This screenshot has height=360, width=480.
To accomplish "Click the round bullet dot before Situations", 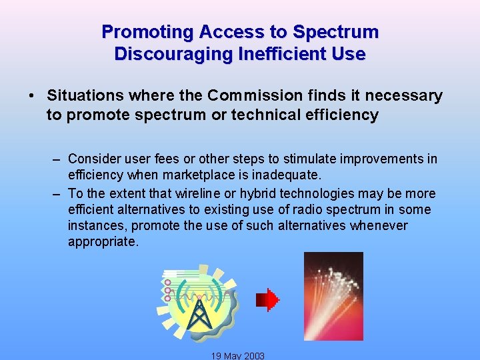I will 32,96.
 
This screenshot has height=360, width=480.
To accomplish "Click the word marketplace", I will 201,175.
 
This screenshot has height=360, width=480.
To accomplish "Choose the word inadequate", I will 287,175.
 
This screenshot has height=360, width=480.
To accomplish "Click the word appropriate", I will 103,241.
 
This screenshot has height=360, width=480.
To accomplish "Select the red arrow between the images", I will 268,300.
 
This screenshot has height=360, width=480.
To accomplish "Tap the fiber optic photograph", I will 333,296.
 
